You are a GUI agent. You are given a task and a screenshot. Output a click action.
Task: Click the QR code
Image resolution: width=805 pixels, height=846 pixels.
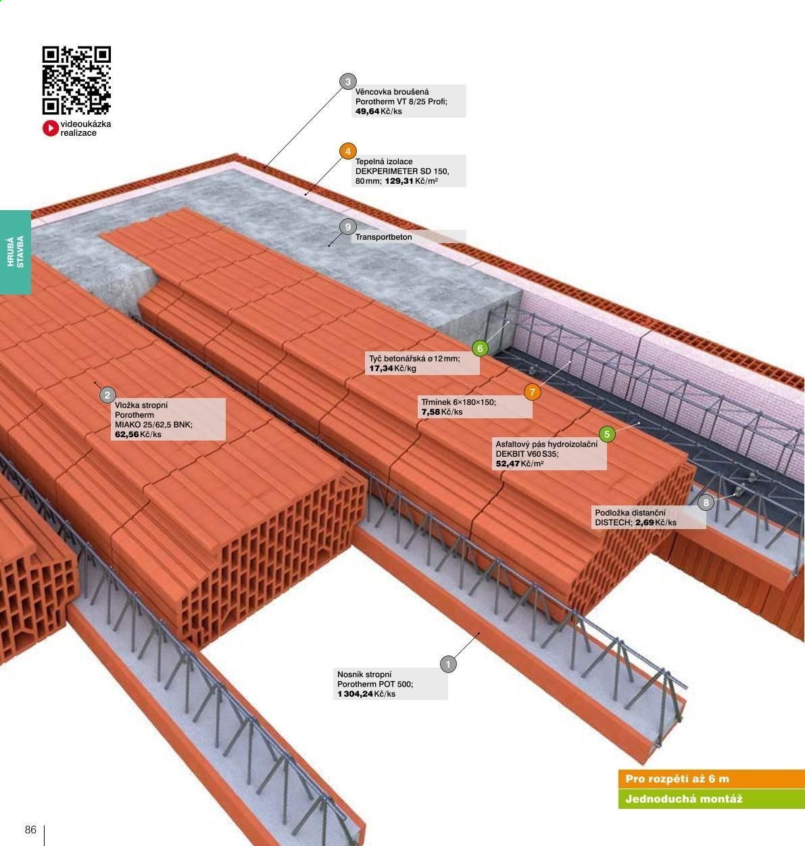point(76,80)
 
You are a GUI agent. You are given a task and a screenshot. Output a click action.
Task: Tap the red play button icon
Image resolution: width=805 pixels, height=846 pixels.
point(51,128)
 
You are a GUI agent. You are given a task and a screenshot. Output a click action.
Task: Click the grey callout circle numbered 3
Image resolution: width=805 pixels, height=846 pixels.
point(348,81)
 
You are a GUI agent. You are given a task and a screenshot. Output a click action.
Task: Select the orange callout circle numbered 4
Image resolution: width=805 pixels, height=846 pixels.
point(348,151)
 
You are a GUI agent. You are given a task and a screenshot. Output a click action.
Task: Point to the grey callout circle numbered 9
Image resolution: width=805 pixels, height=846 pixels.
point(348,227)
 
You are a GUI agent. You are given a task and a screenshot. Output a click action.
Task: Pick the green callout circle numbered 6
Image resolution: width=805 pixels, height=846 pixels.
point(480,348)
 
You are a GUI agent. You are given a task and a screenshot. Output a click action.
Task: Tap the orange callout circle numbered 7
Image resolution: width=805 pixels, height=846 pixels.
point(533,392)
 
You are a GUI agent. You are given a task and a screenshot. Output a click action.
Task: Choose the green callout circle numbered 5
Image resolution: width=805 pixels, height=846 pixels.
point(607,434)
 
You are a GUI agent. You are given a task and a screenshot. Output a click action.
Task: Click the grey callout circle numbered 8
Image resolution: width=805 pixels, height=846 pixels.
point(706,502)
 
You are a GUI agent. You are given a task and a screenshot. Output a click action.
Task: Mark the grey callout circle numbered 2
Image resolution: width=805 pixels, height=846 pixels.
point(107,395)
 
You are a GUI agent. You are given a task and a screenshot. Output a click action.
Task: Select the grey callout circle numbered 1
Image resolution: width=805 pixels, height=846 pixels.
point(448,664)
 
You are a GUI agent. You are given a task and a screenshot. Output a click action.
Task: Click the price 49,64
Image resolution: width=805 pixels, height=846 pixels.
point(367,111)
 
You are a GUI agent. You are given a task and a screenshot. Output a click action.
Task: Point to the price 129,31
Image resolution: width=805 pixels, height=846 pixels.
point(399,181)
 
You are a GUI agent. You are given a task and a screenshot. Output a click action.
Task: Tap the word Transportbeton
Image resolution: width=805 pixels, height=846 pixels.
point(383,237)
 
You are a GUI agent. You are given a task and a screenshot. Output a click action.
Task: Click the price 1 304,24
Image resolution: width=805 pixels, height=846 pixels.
point(355,694)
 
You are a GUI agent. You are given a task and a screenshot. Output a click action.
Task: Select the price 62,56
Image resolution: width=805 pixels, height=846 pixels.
point(127,434)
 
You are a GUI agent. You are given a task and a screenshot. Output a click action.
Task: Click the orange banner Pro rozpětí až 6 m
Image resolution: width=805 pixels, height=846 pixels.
point(711,779)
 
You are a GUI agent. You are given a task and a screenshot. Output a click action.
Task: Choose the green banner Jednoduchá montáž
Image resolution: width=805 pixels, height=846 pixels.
point(711,799)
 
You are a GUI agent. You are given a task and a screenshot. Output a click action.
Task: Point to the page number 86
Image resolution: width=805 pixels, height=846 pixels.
point(30,830)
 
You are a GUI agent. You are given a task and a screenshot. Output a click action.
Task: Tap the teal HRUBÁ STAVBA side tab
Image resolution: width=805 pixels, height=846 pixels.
point(16,252)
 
